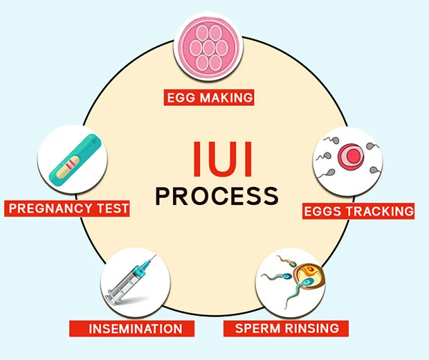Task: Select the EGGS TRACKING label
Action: [358, 210]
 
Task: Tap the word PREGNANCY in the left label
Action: [51, 208]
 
